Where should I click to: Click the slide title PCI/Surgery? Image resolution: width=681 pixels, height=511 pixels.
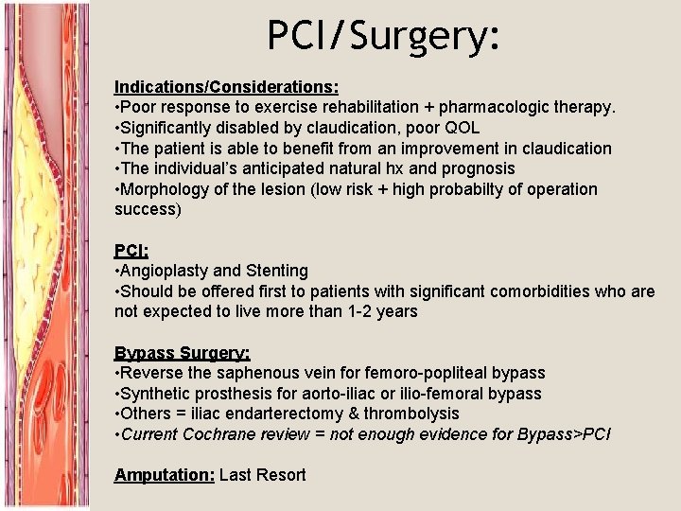tap(381, 36)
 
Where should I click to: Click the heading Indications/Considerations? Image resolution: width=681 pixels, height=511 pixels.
tap(227, 86)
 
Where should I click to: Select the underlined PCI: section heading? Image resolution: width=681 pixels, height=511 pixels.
tap(131, 250)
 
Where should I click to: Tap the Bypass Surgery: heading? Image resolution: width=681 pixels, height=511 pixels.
tap(183, 353)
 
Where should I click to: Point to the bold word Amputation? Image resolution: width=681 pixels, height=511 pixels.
tap(164, 475)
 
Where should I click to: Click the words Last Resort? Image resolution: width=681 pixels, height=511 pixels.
tap(262, 475)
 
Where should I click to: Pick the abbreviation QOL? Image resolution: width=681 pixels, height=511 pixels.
tap(463, 128)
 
